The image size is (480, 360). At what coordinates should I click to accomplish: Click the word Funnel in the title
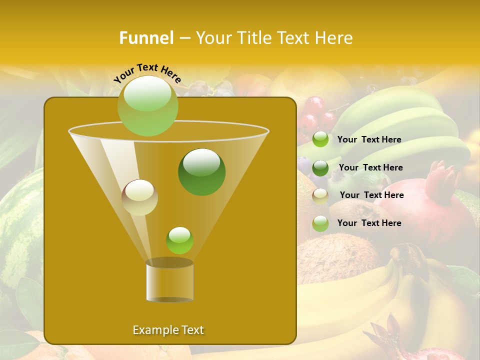[146, 38]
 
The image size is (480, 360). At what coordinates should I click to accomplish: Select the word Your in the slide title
[212, 38]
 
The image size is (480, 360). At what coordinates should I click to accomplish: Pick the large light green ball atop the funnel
[148, 105]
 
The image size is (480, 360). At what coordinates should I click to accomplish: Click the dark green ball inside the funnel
[201, 171]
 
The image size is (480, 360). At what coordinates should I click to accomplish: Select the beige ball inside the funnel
[139, 197]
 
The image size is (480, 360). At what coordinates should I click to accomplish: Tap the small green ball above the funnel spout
[179, 240]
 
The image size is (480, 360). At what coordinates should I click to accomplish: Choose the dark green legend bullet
[320, 168]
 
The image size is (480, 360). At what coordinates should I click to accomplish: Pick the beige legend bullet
[320, 196]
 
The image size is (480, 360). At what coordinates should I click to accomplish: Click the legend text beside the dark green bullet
[370, 167]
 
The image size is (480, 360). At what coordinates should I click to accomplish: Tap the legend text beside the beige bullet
[371, 195]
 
